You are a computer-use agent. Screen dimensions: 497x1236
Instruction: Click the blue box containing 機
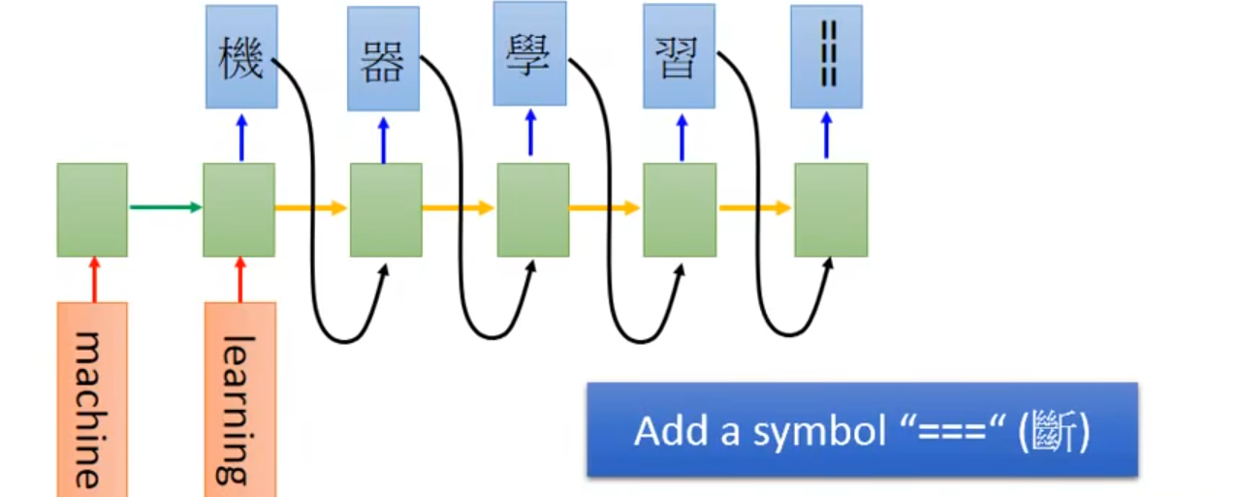241,57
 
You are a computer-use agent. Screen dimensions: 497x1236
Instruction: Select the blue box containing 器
384,59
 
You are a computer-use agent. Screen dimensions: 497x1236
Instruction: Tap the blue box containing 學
529,54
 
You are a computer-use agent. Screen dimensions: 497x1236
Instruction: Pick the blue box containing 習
680,56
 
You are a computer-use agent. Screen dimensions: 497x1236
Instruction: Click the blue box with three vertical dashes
826,57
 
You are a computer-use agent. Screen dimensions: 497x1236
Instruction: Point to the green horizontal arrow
165,206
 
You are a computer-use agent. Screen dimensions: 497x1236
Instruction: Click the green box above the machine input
92,209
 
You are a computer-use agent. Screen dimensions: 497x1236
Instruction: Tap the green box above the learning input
238,209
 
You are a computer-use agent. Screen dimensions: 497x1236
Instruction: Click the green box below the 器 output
385,209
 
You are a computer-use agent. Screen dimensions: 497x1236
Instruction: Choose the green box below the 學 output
532,209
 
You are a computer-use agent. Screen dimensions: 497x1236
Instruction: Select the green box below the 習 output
680,209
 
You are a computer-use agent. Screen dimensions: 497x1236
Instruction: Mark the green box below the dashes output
831,209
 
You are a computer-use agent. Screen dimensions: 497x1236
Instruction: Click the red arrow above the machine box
93,279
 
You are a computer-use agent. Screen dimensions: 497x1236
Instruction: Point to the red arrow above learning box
239,279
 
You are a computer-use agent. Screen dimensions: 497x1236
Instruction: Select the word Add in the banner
667,431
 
